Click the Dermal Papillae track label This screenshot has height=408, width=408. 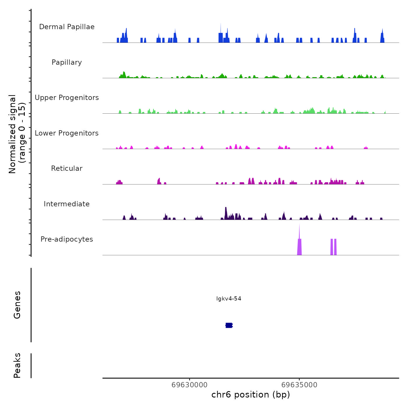tap(67, 27)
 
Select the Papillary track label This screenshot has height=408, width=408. tap(67, 62)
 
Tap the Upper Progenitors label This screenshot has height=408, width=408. tap(67, 98)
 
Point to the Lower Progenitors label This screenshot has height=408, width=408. tap(67, 133)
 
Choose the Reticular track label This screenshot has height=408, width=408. tap(67, 168)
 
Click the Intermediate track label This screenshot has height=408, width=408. tap(67, 204)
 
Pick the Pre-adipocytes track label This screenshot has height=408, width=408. tap(67, 239)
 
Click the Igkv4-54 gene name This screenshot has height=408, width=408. tap(229, 299)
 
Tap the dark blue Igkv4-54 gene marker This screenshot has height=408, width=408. tap(229, 325)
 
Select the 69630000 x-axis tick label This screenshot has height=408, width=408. tap(189, 385)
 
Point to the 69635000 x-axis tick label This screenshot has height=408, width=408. tap(299, 385)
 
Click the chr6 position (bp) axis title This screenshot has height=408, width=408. tap(251, 395)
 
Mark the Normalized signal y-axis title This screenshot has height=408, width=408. tap(17, 134)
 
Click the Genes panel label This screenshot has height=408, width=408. tap(17, 305)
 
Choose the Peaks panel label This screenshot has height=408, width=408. tap(17, 365)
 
